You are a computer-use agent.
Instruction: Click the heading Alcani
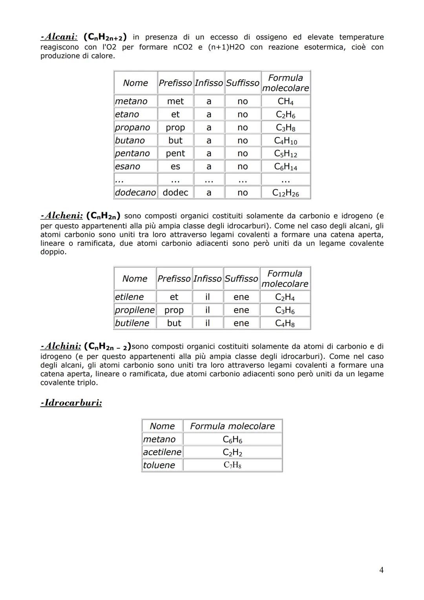click(59, 37)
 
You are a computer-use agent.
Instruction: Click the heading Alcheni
click(62, 216)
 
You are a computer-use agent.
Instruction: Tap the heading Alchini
click(61, 346)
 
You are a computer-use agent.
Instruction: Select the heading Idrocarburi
click(71, 403)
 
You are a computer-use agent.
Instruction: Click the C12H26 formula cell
click(285, 193)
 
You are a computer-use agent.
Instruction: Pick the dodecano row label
click(135, 192)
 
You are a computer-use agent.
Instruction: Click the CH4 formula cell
click(285, 101)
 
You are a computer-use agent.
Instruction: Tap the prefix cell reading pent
click(175, 153)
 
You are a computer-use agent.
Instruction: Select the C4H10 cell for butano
click(285, 141)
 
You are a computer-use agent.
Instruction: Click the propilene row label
click(135, 310)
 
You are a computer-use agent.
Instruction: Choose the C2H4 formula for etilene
click(285, 297)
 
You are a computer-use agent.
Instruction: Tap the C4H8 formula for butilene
click(285, 323)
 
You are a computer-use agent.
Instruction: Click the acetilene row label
click(162, 452)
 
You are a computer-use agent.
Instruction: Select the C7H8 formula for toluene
click(232, 465)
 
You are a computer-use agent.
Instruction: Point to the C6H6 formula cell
click(232, 439)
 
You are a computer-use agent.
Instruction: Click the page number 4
click(381, 570)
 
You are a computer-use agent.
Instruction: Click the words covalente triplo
click(69, 382)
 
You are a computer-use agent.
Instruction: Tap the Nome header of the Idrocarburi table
click(162, 426)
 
